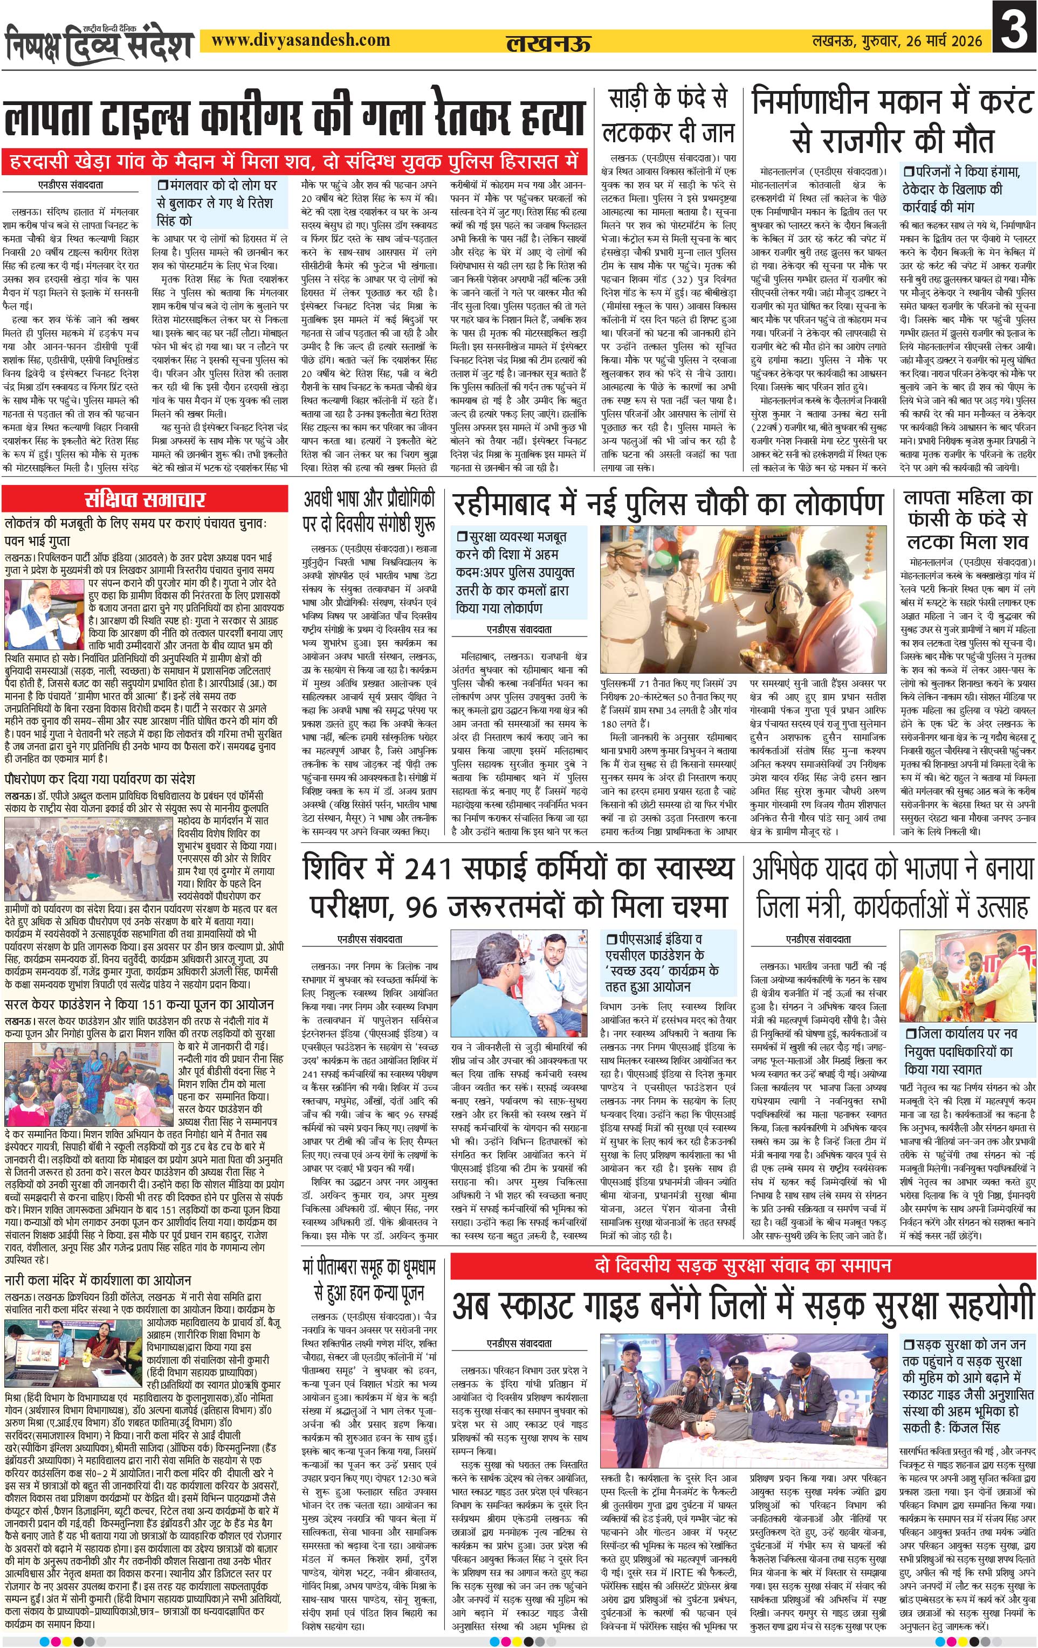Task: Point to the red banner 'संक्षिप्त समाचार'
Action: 145,499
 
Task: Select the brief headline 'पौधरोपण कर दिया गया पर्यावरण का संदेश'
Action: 100,779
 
